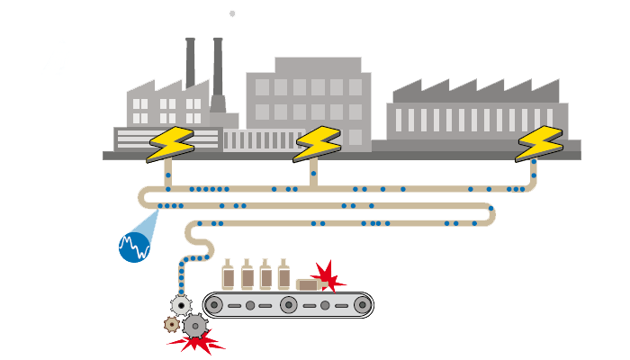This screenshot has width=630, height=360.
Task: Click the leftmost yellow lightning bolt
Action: click(168, 144)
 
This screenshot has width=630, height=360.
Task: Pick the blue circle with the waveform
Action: click(135, 245)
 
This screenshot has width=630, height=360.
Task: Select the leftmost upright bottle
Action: click(229, 274)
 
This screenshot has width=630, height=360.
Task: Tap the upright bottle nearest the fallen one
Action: click(284, 274)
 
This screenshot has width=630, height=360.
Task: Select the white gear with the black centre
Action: click(181, 305)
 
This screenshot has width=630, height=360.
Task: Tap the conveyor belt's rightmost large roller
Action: click(361, 305)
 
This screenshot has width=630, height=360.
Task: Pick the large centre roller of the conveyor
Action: click(288, 305)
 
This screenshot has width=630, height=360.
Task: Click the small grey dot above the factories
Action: click(232, 13)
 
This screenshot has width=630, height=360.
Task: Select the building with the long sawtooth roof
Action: click(477, 112)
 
